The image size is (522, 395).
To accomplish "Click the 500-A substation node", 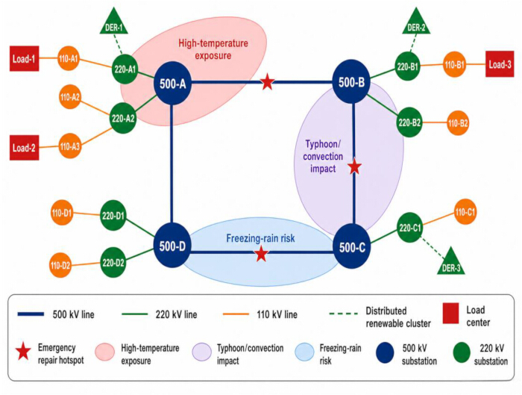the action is (172, 84).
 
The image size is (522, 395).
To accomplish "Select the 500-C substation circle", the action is (352, 246).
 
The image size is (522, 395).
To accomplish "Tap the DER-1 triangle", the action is (114, 21).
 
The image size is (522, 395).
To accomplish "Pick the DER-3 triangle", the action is (451, 261).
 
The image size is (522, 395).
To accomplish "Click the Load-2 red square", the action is (25, 148).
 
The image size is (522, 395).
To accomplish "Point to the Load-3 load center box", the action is (500, 64).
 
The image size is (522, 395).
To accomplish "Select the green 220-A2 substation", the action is (123, 118).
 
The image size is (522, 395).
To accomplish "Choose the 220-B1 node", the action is (408, 66).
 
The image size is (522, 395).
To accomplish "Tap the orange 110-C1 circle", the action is (465, 212).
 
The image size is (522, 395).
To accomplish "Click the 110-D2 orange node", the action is (60, 265).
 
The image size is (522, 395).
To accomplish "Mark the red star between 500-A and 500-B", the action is (267, 81).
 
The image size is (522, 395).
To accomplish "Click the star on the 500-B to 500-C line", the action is (354, 167).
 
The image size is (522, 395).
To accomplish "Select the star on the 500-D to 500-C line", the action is (261, 254).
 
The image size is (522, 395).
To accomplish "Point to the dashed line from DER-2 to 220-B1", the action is (413, 43).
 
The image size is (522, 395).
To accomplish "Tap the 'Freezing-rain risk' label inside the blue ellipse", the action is (261, 238).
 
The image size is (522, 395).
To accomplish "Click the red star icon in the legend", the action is (23, 352).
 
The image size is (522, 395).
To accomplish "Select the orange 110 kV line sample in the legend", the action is (236, 314).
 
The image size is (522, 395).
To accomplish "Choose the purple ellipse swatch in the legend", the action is (202, 352).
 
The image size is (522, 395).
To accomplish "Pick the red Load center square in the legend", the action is (450, 314).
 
